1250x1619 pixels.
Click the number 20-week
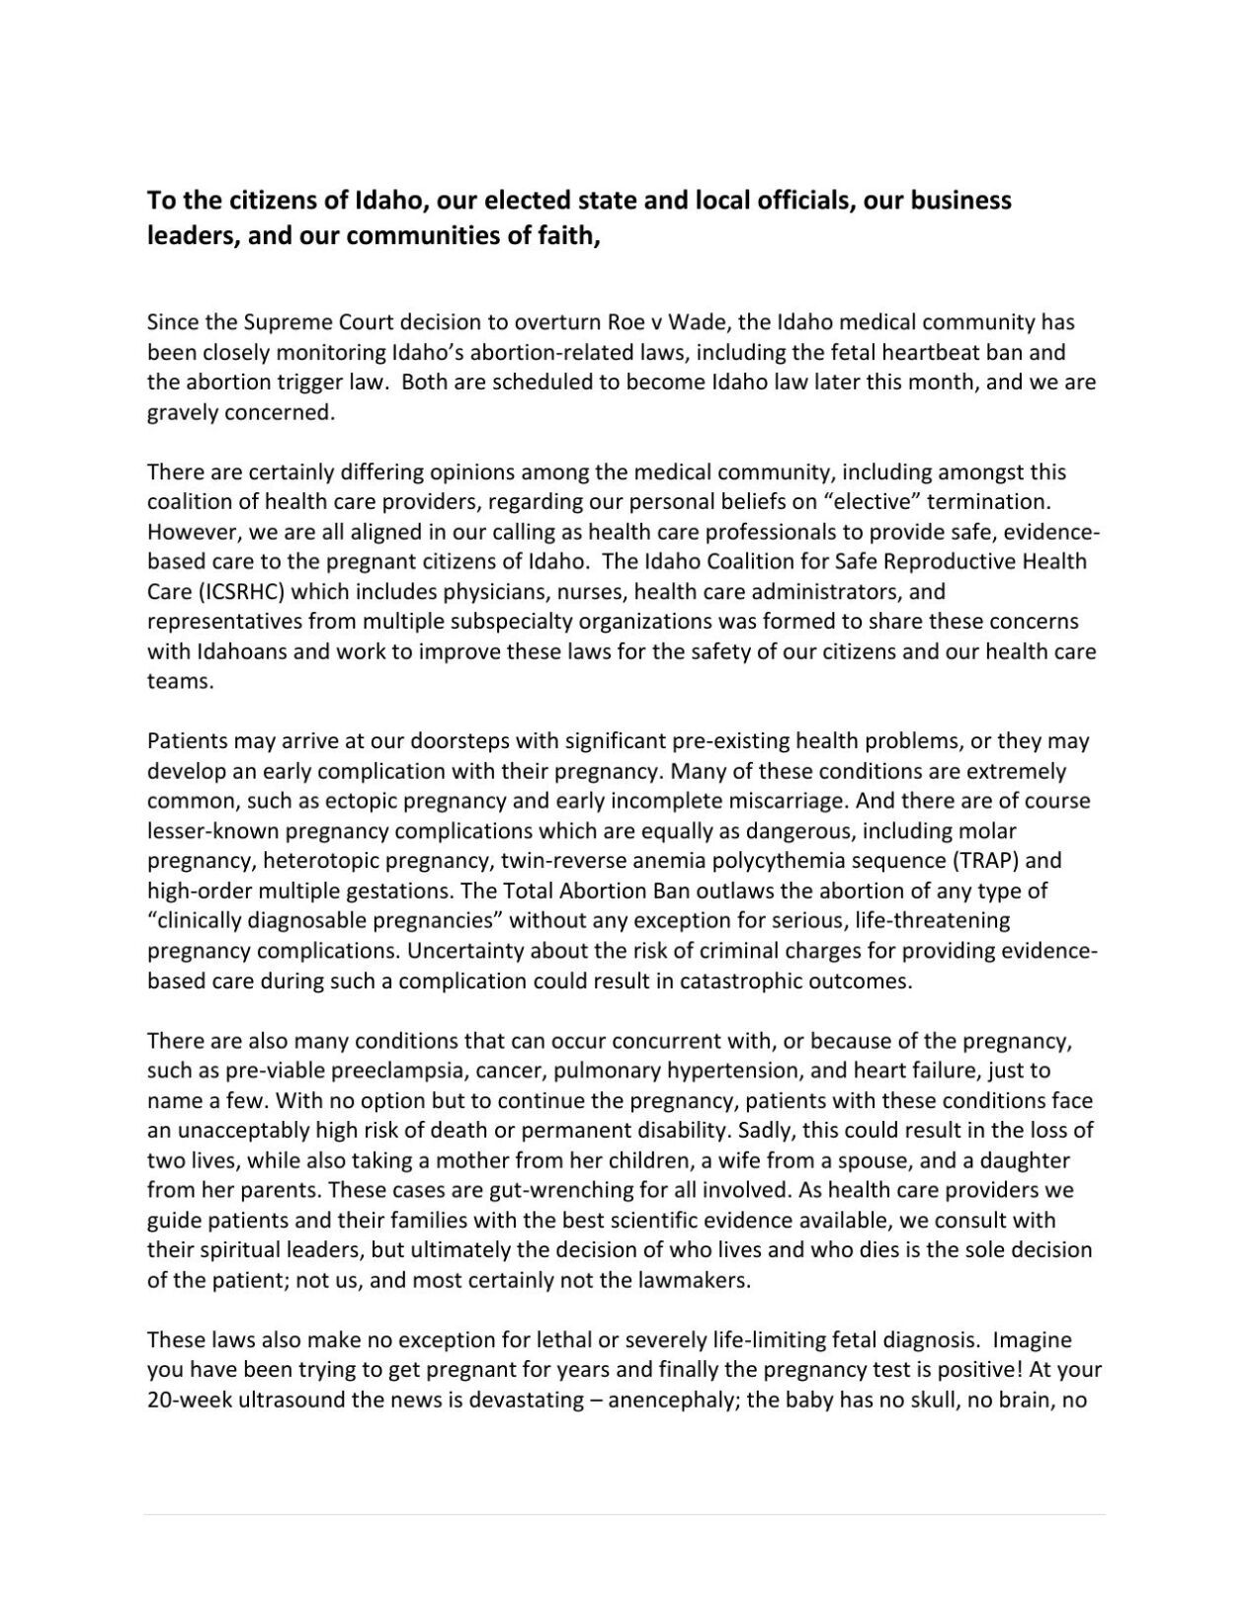[x=189, y=1402]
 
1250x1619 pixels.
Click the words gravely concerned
[x=241, y=413]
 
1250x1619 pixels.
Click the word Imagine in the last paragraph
[x=1032, y=1341]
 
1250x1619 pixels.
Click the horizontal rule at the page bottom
[x=625, y=1514]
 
